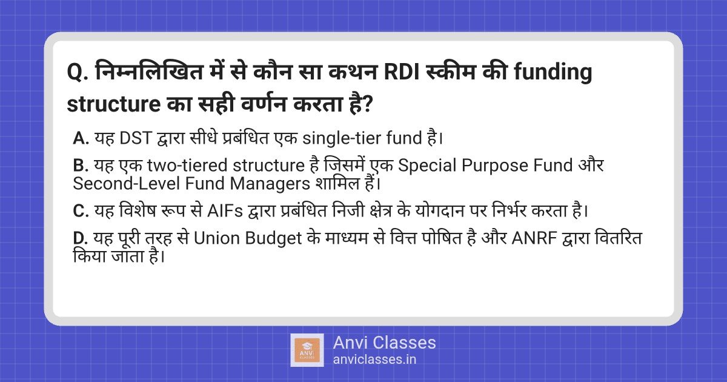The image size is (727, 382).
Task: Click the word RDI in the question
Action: (x=405, y=74)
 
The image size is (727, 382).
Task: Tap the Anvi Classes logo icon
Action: (x=307, y=350)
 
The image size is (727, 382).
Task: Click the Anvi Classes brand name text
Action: (x=384, y=343)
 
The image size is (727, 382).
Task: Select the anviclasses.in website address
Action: (x=374, y=359)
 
